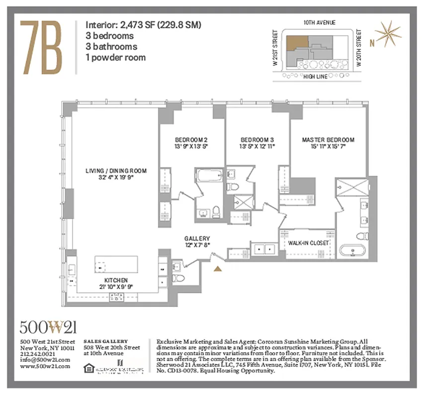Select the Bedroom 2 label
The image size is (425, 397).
pyautogui.click(x=191, y=143)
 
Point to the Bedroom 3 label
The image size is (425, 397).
pyautogui.click(x=257, y=143)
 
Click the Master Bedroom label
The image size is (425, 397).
pyautogui.click(x=328, y=143)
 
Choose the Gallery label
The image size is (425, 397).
pyautogui.click(x=197, y=242)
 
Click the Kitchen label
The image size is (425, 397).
pyautogui.click(x=116, y=283)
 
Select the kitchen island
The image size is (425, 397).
pyautogui.click(x=116, y=268)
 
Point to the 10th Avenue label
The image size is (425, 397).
pyautogui.click(x=319, y=23)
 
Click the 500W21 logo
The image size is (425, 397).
pyautogui.click(x=48, y=327)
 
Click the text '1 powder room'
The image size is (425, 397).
pyautogui.click(x=116, y=57)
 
